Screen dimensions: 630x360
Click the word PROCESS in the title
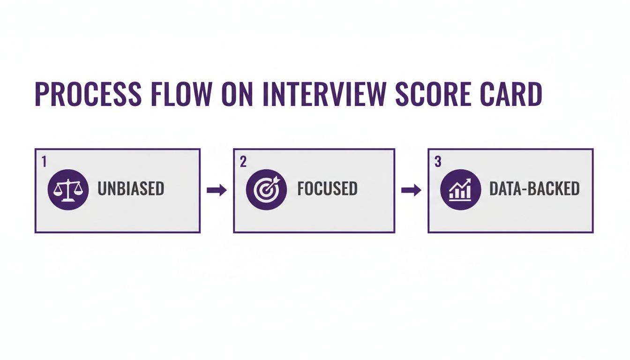click(x=88, y=94)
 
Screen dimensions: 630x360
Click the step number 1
click(x=44, y=162)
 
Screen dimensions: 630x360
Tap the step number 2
click(x=243, y=162)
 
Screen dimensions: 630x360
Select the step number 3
click(x=438, y=162)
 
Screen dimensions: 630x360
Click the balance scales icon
click(x=68, y=189)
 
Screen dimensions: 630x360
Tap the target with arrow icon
click(x=266, y=189)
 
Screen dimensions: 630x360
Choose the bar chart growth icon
click(x=461, y=189)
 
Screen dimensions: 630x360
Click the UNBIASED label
click(x=131, y=189)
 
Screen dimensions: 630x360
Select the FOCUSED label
click(x=327, y=189)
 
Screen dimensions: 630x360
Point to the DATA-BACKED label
click(x=534, y=189)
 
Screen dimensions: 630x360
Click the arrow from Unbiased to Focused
click(x=217, y=190)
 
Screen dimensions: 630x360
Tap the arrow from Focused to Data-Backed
click(x=411, y=190)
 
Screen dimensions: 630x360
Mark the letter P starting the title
click(x=42, y=94)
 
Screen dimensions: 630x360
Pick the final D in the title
click(x=534, y=94)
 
